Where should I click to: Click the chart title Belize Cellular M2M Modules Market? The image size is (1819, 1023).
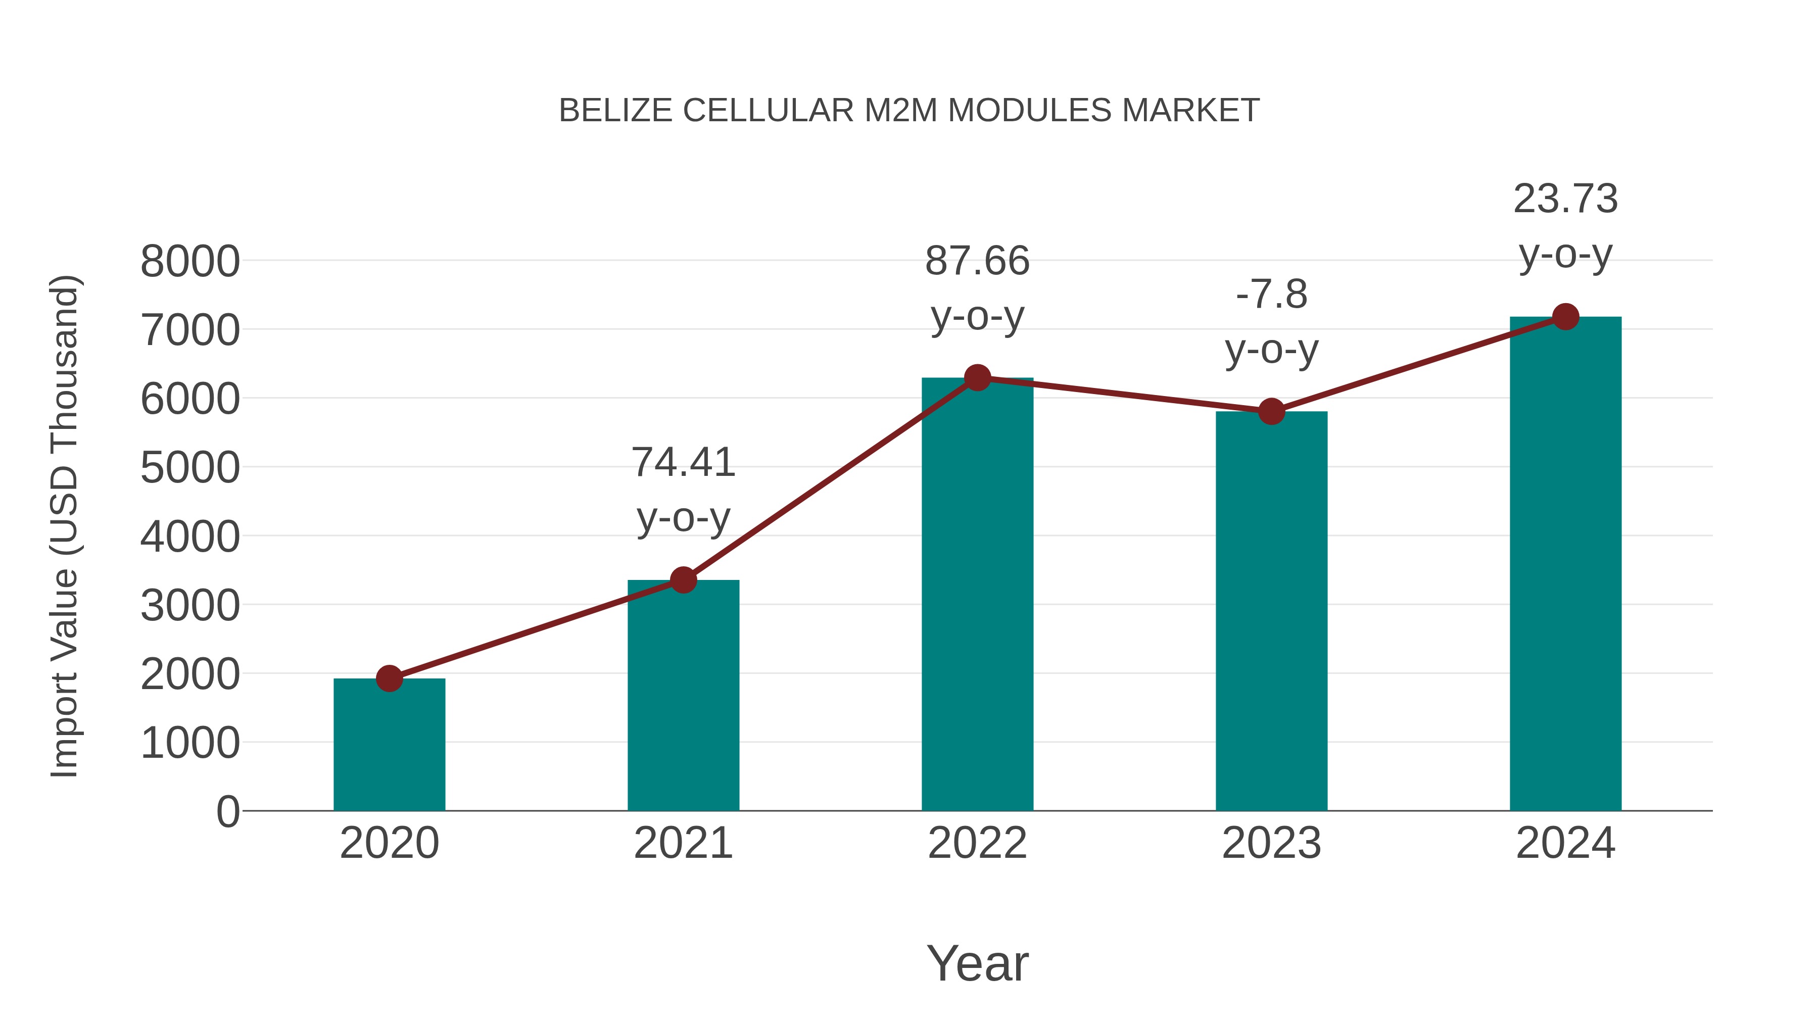click(909, 111)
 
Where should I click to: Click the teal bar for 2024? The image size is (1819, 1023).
click(1565, 564)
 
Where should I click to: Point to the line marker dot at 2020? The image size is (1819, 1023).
click(389, 678)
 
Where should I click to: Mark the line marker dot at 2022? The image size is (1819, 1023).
click(977, 378)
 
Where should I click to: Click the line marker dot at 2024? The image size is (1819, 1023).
click(1565, 317)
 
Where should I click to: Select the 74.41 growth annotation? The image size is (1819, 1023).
click(683, 490)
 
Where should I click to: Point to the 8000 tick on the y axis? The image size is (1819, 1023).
click(190, 261)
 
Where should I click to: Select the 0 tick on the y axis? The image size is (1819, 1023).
click(227, 811)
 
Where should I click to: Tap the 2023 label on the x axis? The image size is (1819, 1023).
click(1271, 843)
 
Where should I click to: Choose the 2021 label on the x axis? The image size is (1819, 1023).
click(683, 843)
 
